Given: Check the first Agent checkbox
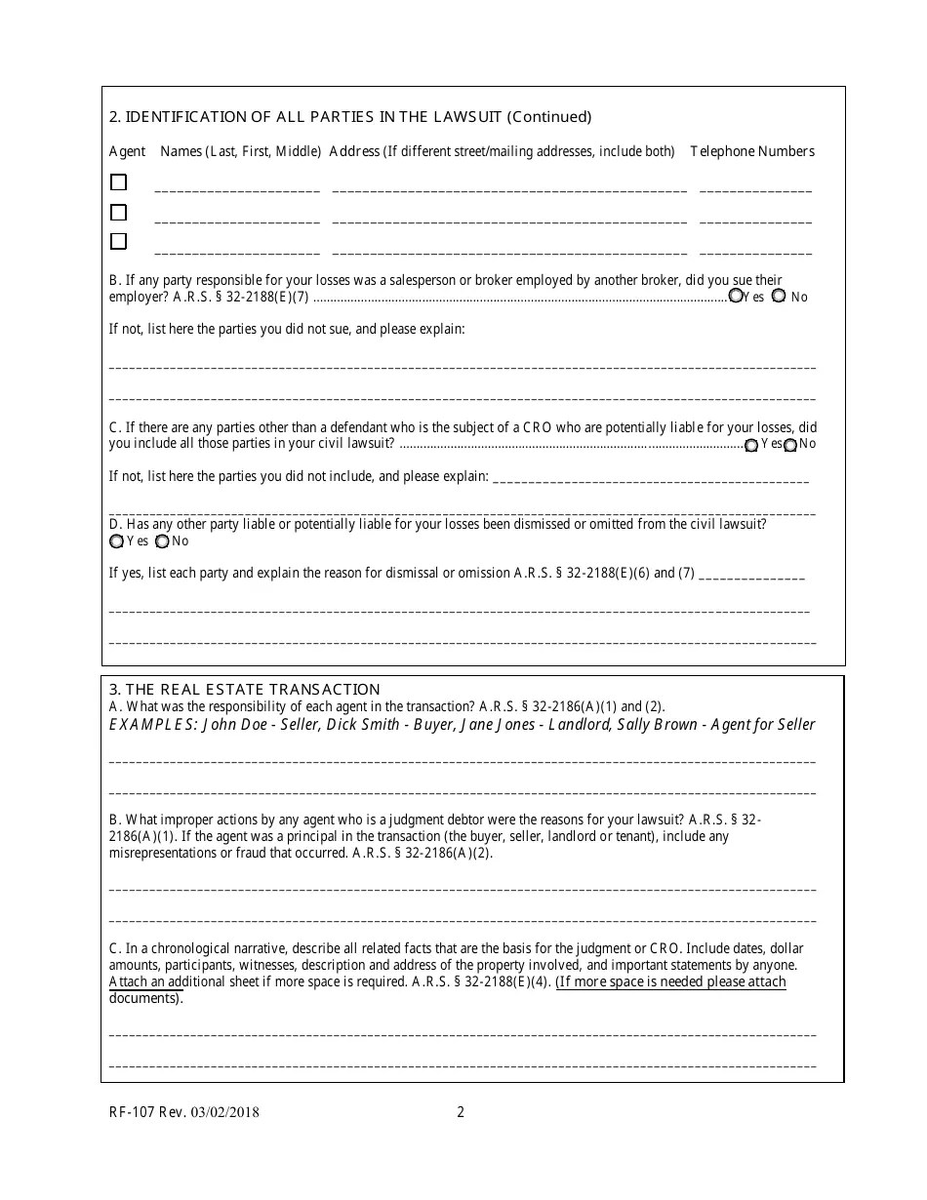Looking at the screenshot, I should (118, 182).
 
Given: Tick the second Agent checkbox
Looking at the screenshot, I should (118, 212).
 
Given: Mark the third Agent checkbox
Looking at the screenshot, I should (118, 241).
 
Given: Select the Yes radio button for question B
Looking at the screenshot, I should (736, 296).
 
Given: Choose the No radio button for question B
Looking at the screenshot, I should (779, 296).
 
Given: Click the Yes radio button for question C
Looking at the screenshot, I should (751, 445).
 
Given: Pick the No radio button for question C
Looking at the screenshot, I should (789, 445).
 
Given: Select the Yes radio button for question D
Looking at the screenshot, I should (117, 541).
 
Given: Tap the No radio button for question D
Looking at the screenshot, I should (162, 541).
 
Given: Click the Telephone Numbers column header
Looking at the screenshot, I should (751, 151).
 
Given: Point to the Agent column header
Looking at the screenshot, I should (127, 151).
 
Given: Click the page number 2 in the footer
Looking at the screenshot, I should (461, 1111).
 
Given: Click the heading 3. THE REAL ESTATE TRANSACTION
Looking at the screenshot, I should (244, 689).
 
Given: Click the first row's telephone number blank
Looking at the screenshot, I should (755, 189).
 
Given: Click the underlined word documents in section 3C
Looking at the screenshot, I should (143, 998).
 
